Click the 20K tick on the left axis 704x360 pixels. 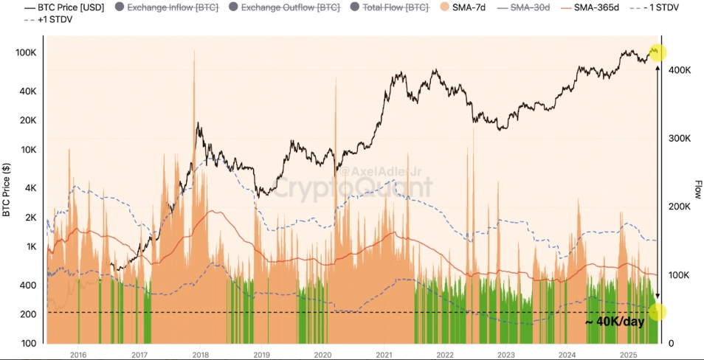[28, 121]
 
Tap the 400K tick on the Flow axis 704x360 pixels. [680, 70]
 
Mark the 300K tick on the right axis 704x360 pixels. [680, 139]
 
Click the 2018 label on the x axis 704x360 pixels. [200, 355]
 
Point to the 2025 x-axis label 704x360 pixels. [628, 355]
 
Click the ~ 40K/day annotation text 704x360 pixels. [615, 322]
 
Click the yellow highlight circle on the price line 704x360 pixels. [657, 52]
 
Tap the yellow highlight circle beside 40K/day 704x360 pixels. [657, 311]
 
